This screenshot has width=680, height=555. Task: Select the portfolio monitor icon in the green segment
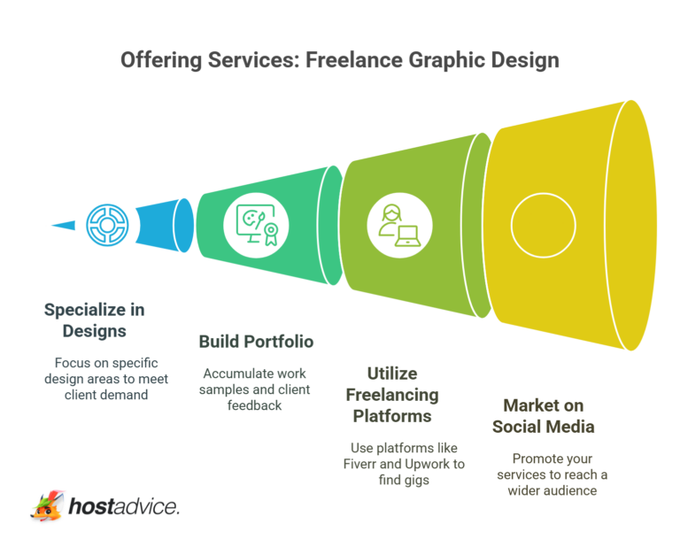tap(257, 224)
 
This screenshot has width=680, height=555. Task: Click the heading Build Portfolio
tap(256, 342)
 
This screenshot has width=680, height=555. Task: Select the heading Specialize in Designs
tap(95, 320)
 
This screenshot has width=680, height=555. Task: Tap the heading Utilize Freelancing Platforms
tap(392, 394)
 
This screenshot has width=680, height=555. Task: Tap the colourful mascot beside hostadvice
tap(48, 505)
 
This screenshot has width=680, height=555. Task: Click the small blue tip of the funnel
tap(64, 225)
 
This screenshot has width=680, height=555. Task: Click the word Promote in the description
tap(534, 459)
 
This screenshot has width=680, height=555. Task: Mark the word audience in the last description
tap(572, 490)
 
